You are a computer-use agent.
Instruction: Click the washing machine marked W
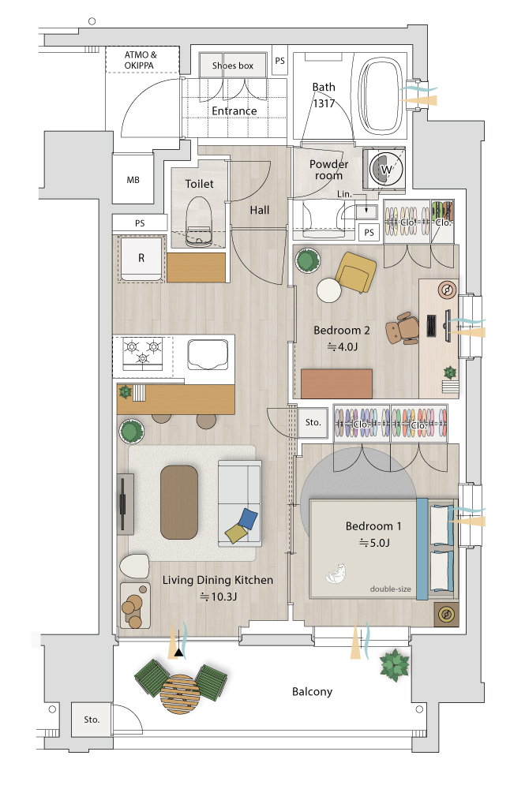click(385, 169)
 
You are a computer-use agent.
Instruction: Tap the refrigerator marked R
click(141, 258)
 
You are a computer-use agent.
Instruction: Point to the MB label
click(133, 180)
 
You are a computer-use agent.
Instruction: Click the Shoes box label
click(233, 65)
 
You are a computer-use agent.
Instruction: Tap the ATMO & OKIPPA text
click(140, 60)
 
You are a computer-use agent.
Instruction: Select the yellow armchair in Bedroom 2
click(355, 272)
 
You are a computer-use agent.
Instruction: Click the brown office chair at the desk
click(403, 328)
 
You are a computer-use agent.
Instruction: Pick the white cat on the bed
click(336, 573)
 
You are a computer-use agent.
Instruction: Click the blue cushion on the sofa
click(248, 518)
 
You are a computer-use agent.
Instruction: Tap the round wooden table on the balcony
click(178, 692)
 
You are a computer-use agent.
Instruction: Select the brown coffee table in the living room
click(178, 502)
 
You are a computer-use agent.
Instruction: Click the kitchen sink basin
click(208, 355)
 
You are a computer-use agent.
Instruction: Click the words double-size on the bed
click(390, 589)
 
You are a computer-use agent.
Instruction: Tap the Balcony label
click(312, 692)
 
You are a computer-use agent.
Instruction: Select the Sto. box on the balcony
click(92, 720)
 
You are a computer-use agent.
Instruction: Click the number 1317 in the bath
click(324, 103)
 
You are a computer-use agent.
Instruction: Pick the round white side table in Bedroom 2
click(329, 290)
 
